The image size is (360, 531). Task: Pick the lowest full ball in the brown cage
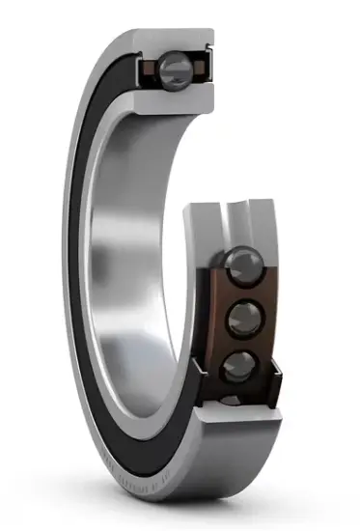[237, 365]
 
